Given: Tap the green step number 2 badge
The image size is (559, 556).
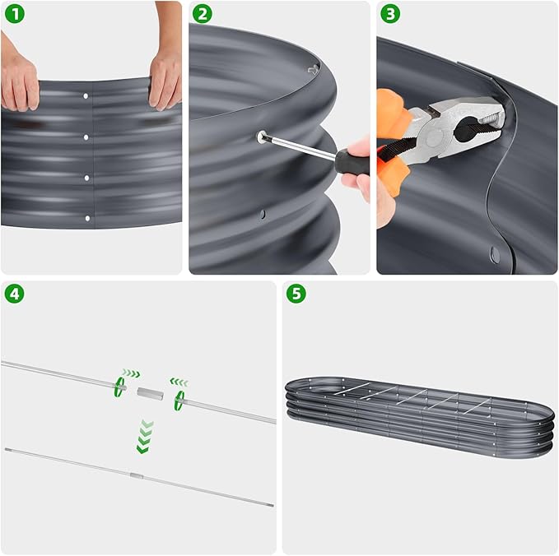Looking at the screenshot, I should click(203, 14).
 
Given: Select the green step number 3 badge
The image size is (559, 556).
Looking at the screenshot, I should click(390, 14).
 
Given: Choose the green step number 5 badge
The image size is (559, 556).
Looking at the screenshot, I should click(296, 294).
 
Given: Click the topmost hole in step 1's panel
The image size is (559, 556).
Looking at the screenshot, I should click(87, 96).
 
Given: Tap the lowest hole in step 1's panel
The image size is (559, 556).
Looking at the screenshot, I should click(87, 218).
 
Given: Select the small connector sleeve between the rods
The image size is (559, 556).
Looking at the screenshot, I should click(149, 393).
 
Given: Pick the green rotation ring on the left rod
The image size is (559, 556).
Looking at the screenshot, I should click(119, 387).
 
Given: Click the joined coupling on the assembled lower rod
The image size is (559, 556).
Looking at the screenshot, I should click(136, 475).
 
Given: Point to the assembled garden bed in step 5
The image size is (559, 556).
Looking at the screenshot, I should click(419, 415).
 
